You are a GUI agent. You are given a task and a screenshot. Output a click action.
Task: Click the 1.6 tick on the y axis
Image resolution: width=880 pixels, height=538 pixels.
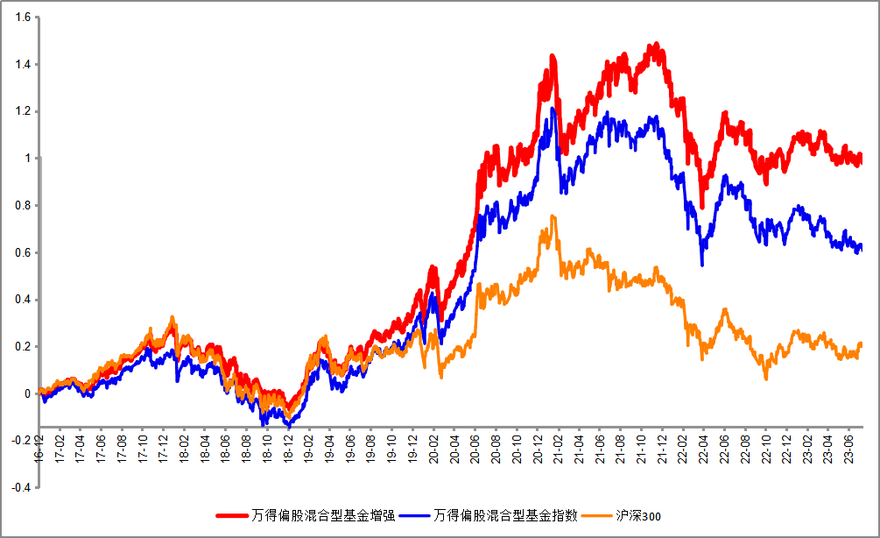(x=23, y=17)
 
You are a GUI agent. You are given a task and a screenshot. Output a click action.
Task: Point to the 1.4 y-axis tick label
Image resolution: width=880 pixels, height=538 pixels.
(x=23, y=64)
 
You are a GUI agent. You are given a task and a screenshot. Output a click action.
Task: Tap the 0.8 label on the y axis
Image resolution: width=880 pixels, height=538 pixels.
(x=23, y=205)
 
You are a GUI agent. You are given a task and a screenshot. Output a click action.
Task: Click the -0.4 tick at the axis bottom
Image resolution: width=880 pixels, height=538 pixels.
(x=21, y=487)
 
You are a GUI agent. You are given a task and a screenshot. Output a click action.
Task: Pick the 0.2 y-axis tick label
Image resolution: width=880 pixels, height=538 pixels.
(x=23, y=346)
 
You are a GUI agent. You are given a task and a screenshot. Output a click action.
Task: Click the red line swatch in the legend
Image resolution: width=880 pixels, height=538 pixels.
(x=232, y=516)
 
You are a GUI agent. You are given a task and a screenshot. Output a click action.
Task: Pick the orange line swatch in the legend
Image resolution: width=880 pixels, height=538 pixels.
(x=597, y=516)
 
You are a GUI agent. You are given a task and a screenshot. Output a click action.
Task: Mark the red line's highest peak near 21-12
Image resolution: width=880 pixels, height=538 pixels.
(x=655, y=45)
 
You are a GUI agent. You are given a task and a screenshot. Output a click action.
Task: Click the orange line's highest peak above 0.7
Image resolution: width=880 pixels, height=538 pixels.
(x=553, y=216)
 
